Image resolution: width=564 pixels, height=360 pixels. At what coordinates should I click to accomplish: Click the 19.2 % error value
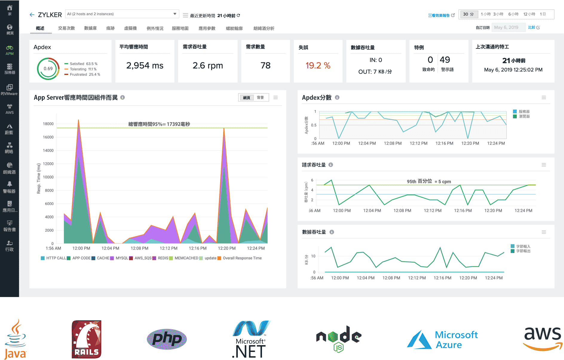click(x=318, y=65)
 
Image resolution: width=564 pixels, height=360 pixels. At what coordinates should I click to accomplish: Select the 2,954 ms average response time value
click(x=145, y=65)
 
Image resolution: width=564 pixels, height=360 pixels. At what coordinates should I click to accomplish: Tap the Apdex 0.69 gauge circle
click(x=48, y=69)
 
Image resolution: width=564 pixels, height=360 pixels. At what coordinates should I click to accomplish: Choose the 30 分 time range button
click(x=468, y=14)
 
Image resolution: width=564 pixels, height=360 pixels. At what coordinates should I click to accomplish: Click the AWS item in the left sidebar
click(x=10, y=109)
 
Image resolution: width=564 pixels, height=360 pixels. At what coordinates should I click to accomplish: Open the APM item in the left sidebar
click(x=10, y=50)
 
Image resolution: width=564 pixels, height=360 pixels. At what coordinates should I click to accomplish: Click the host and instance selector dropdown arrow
click(x=175, y=14)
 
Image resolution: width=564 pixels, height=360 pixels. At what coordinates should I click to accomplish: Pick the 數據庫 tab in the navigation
click(x=90, y=28)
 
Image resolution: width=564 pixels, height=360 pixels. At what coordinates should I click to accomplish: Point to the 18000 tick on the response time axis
click(x=48, y=124)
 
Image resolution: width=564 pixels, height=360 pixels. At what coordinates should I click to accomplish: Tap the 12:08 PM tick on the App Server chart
click(x=139, y=248)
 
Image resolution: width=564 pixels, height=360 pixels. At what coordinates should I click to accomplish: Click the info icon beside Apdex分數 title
click(x=337, y=97)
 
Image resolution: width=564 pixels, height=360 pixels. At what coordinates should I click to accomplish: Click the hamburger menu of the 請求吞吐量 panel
click(x=544, y=165)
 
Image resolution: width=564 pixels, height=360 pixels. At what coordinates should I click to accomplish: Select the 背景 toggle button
click(x=260, y=98)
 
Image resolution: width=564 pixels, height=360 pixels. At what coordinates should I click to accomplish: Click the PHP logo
click(x=167, y=339)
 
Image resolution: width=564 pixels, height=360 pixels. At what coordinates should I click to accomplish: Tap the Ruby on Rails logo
click(x=87, y=339)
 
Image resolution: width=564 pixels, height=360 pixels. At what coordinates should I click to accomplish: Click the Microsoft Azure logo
click(x=442, y=340)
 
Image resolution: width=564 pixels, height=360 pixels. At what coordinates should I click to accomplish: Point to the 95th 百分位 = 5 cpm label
click(x=429, y=181)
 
